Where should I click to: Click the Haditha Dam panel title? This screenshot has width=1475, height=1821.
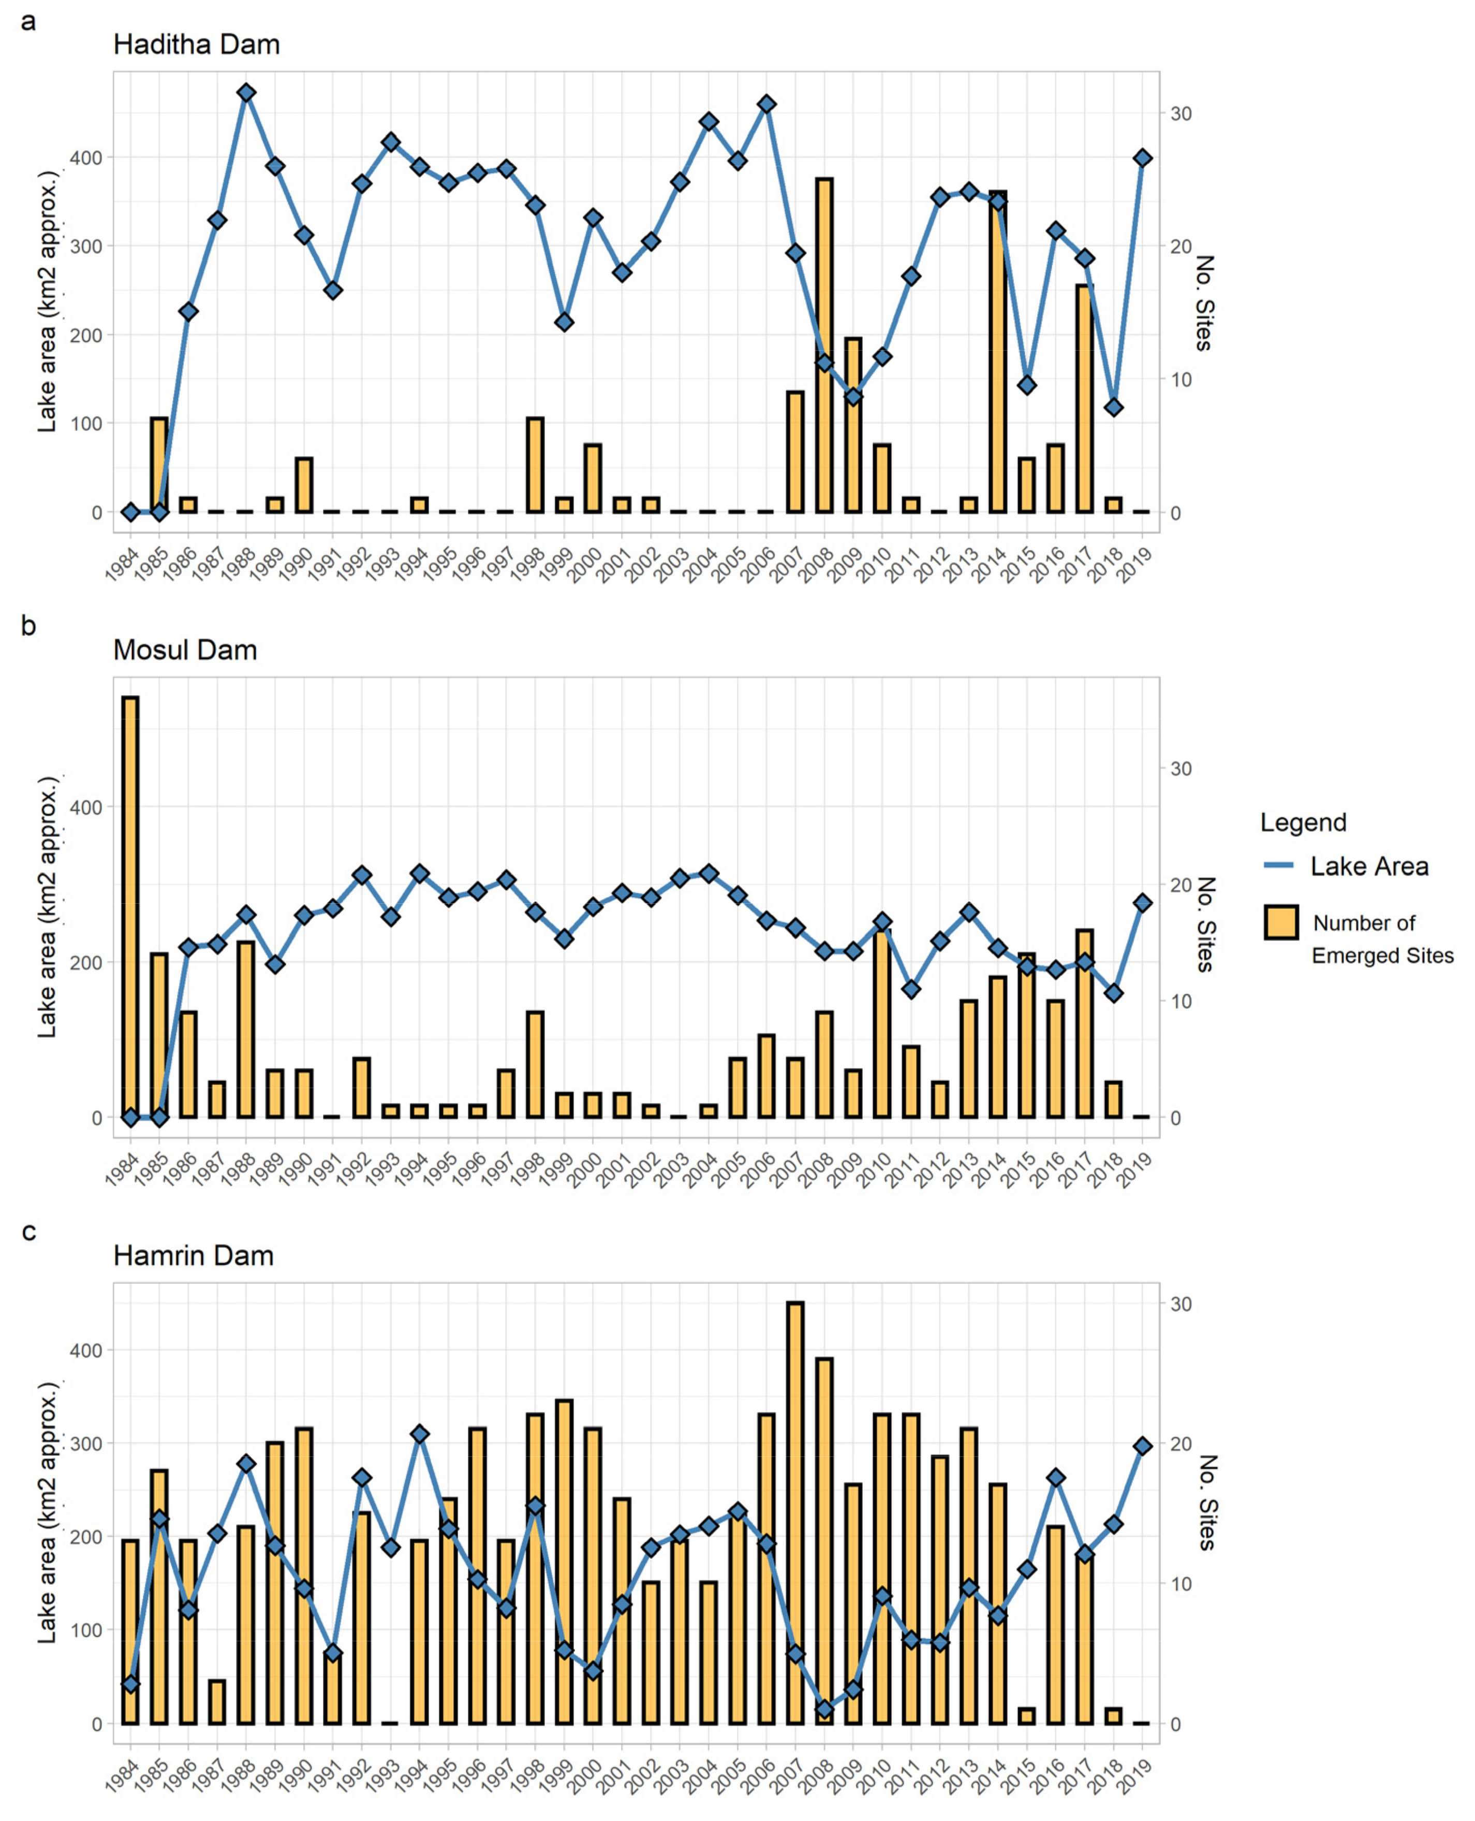(196, 44)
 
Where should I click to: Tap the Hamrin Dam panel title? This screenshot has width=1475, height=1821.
(193, 1255)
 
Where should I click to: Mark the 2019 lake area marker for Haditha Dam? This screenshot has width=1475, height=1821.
(1143, 158)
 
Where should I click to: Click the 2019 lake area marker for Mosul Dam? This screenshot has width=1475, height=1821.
(1143, 903)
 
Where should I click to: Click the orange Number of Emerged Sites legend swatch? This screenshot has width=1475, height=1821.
(1280, 922)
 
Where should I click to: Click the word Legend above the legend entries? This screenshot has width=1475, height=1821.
(1303, 822)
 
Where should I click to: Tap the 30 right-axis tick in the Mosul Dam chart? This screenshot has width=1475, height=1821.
(1180, 769)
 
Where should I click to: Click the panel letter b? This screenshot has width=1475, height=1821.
(28, 627)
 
